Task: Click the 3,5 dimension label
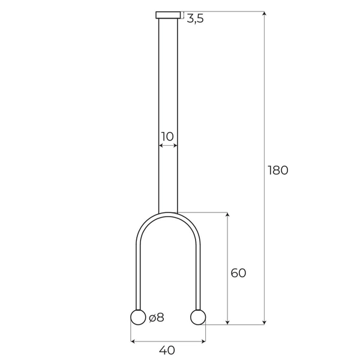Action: [x=195, y=19]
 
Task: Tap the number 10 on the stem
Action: [x=167, y=136]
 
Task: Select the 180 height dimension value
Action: [x=278, y=170]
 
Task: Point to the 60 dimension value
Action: [x=238, y=273]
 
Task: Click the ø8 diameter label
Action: [x=156, y=318]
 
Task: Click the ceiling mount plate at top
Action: [x=168, y=15]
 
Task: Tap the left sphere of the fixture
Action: [x=138, y=317]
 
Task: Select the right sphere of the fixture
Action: [x=198, y=317]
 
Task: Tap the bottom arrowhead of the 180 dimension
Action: [x=264, y=323]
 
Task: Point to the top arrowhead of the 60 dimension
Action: [x=227, y=215]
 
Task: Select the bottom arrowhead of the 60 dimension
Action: [x=227, y=323]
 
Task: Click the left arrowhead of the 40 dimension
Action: [x=133, y=341]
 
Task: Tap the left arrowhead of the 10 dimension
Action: [x=160, y=145]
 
